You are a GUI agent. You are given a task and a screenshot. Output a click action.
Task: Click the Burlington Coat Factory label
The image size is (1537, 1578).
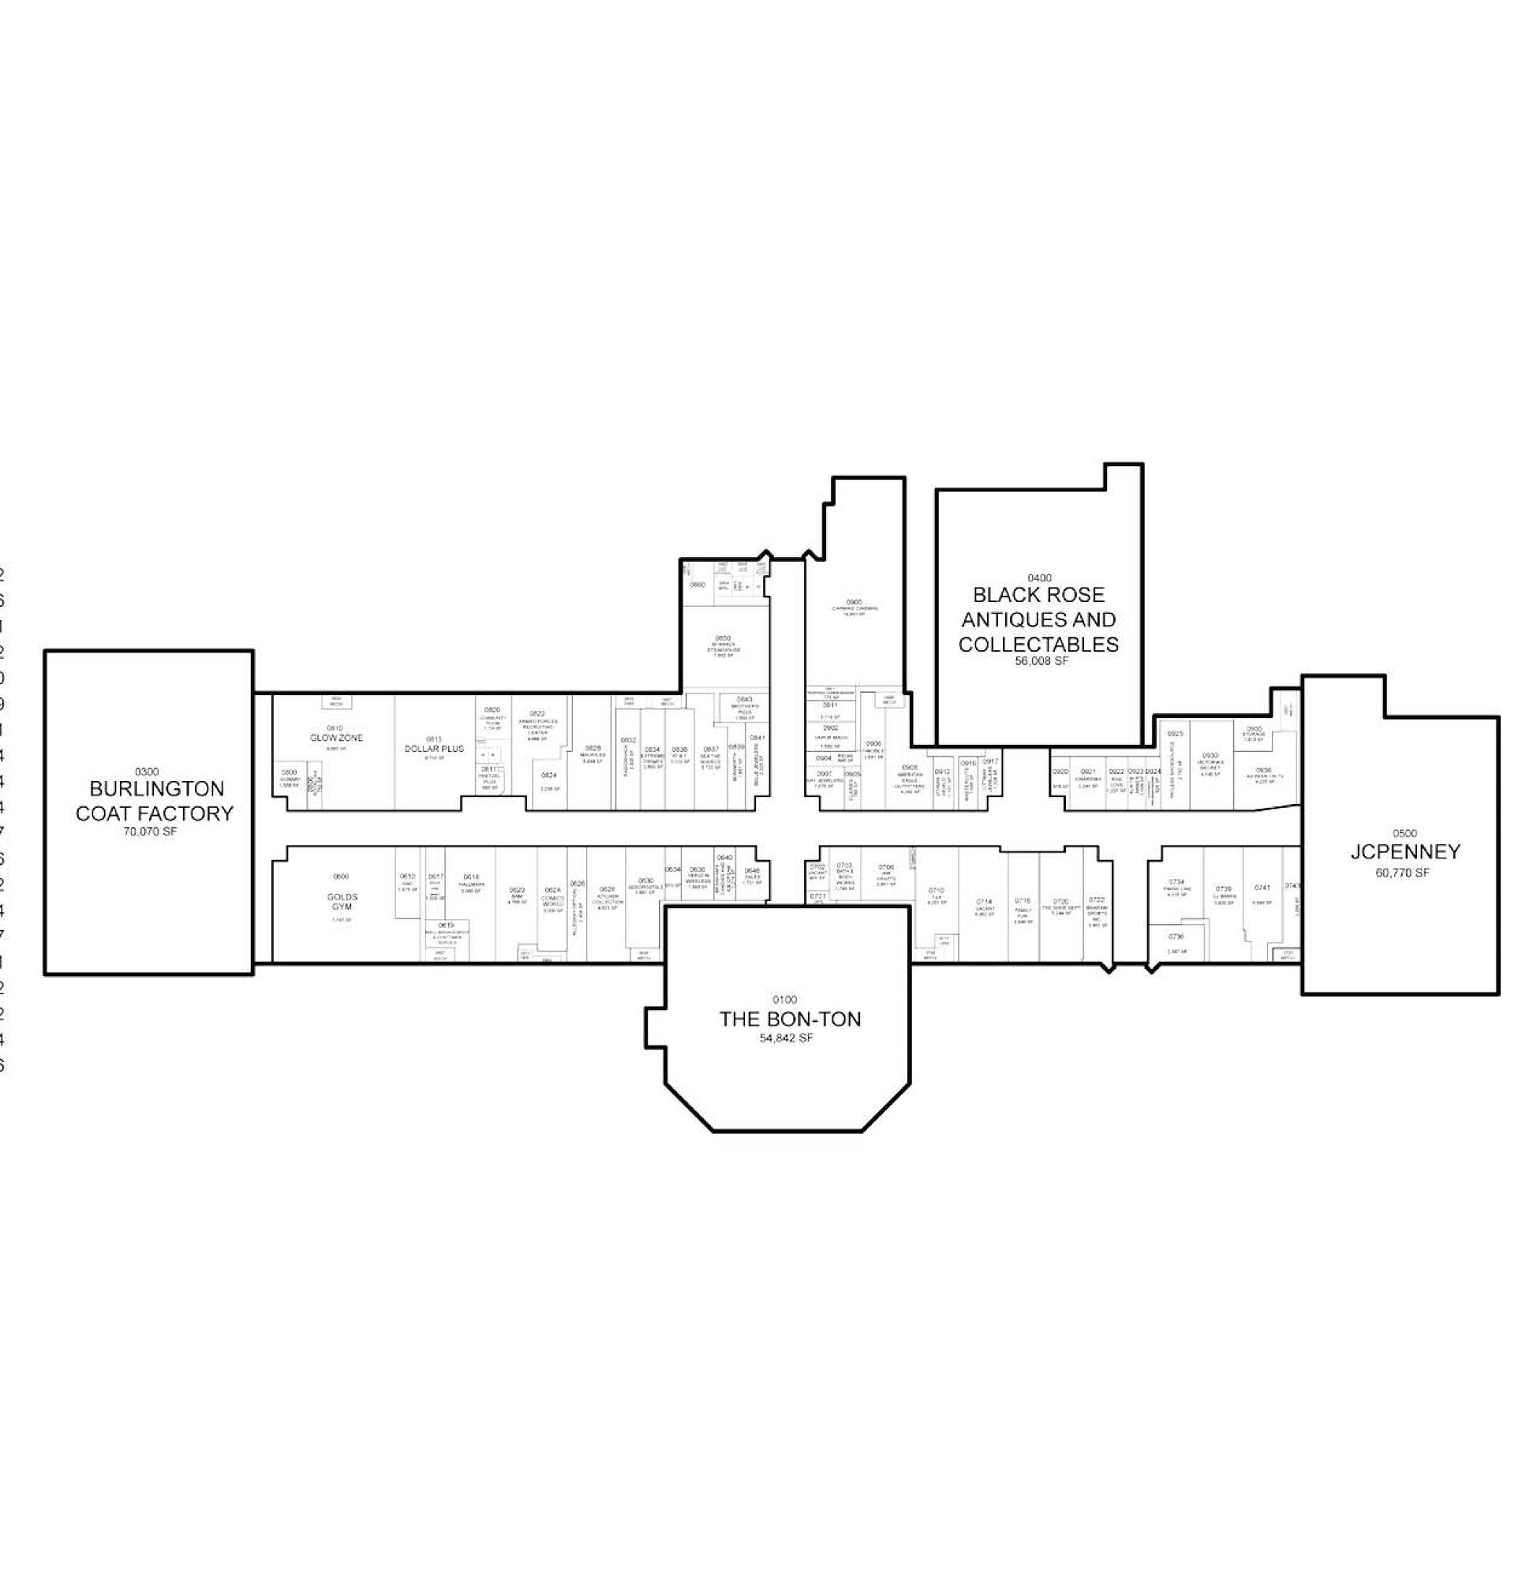154,801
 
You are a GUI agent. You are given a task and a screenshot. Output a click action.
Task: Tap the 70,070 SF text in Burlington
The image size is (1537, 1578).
150,832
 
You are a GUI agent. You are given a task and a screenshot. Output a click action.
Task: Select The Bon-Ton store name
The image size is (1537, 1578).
790,1019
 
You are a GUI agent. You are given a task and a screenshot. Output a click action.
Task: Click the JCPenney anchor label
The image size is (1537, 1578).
1404,851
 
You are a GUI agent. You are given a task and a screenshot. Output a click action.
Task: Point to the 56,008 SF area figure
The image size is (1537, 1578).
1039,660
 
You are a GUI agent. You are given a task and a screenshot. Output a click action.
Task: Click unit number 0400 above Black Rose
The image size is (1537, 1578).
1039,578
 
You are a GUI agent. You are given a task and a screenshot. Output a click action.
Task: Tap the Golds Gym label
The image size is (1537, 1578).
342,902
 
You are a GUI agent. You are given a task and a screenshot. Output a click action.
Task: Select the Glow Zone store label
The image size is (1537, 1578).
337,738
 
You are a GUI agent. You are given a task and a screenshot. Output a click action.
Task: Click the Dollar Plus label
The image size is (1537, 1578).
434,749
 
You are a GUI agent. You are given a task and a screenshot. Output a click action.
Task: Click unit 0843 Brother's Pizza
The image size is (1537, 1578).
744,700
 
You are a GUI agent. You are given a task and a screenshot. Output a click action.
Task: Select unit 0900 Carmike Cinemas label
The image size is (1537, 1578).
854,602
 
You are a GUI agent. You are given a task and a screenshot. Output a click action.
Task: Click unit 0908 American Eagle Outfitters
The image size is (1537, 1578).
910,768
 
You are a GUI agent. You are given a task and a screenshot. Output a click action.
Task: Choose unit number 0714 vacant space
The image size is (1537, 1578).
983,902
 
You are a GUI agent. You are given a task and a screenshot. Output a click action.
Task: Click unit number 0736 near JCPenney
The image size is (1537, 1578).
1176,937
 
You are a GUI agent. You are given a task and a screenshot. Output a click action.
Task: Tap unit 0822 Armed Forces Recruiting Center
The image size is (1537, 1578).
537,713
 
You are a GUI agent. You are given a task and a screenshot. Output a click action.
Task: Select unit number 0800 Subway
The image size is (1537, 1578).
289,772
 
